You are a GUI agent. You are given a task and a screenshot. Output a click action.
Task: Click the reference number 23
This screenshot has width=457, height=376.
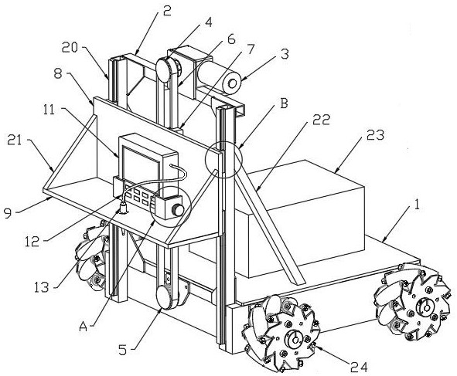click(x=375, y=136)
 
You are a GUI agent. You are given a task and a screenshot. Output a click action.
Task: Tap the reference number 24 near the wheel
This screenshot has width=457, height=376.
click(x=359, y=368)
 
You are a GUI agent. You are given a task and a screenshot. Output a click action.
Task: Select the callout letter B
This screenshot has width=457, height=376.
click(x=284, y=104)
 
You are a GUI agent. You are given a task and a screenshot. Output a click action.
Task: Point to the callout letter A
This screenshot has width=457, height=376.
click(x=84, y=327)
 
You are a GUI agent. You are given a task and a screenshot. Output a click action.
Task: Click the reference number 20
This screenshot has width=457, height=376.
click(x=70, y=47)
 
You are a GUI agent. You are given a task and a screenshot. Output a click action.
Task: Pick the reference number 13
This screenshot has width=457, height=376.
click(x=42, y=287)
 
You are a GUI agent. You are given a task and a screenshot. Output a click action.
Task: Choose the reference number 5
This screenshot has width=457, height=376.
click(x=123, y=350)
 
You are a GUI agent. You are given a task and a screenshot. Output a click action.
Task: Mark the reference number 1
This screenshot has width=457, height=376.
click(x=417, y=205)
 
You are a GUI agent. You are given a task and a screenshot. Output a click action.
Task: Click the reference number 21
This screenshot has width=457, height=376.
click(x=15, y=141)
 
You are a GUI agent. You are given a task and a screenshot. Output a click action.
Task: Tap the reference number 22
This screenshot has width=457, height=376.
click(x=321, y=120)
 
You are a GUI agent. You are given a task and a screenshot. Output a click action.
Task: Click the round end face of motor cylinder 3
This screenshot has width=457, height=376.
click(x=232, y=84)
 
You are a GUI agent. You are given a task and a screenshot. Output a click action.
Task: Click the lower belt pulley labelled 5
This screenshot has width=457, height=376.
click(x=165, y=296)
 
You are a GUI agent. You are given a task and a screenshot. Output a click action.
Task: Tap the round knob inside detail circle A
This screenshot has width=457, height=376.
click(x=178, y=210)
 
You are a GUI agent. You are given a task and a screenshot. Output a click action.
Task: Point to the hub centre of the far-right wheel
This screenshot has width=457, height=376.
click(x=426, y=308)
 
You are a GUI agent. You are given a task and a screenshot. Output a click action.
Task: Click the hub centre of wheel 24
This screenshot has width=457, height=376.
click(x=295, y=340)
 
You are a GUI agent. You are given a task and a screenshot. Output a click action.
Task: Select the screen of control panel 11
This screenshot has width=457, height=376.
click(x=141, y=166)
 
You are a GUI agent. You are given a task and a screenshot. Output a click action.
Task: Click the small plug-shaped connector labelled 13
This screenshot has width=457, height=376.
click(x=123, y=208)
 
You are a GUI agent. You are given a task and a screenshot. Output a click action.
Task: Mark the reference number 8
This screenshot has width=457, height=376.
click(x=58, y=73)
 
